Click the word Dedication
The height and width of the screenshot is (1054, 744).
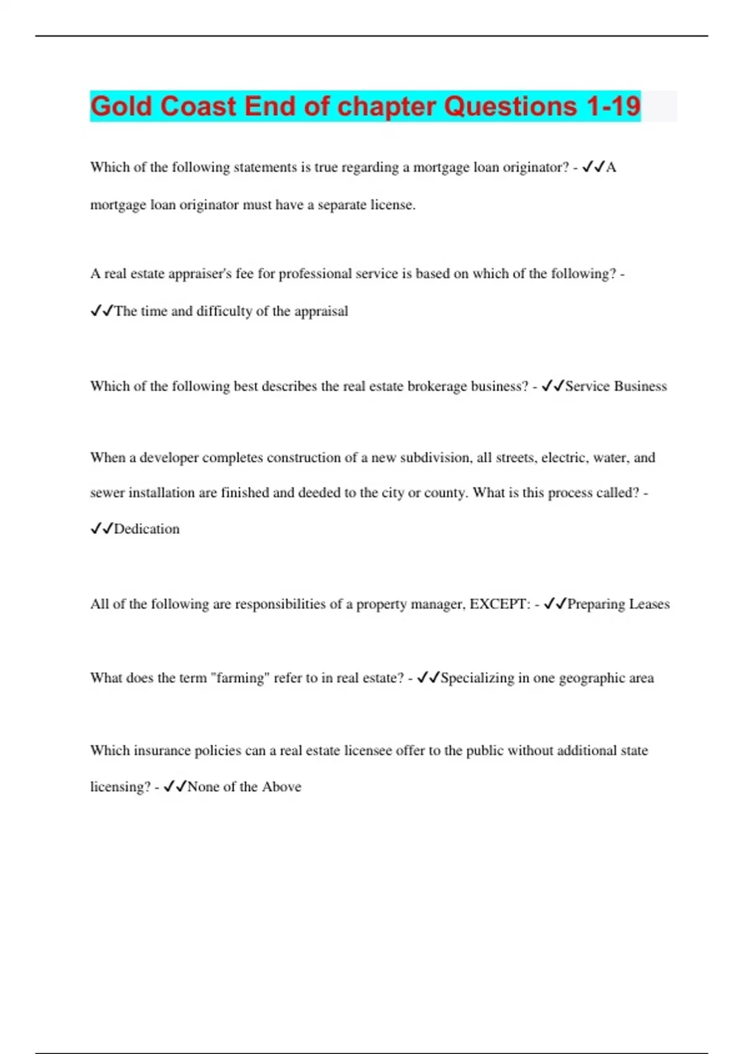tap(147, 529)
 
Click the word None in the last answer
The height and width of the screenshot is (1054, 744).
tap(203, 787)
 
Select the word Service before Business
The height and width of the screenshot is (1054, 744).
tap(587, 386)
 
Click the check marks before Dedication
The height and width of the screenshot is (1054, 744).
tap(102, 529)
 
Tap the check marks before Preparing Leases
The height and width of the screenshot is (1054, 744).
tap(555, 604)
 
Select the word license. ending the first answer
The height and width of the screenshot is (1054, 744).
tap(393, 205)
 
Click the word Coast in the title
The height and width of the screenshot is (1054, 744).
tap(198, 106)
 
